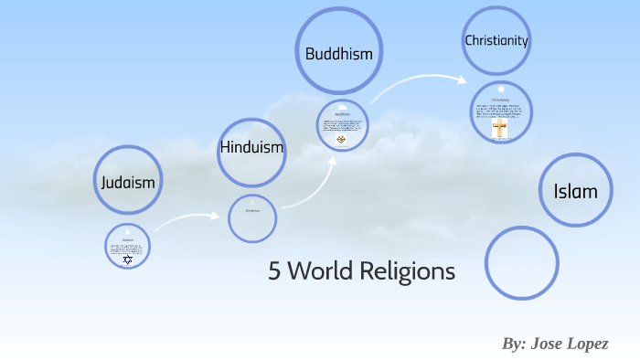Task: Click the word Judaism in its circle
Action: [x=128, y=182]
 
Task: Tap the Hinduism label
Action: [x=251, y=147]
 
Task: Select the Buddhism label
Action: [x=338, y=54]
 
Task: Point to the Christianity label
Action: [x=496, y=40]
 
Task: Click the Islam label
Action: [x=575, y=191]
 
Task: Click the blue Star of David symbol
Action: [x=128, y=259]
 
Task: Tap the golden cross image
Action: [x=499, y=130]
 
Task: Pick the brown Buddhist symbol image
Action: [x=342, y=140]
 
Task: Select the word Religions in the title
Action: [x=412, y=271]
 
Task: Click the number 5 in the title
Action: [x=274, y=271]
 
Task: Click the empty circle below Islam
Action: [x=521, y=263]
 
